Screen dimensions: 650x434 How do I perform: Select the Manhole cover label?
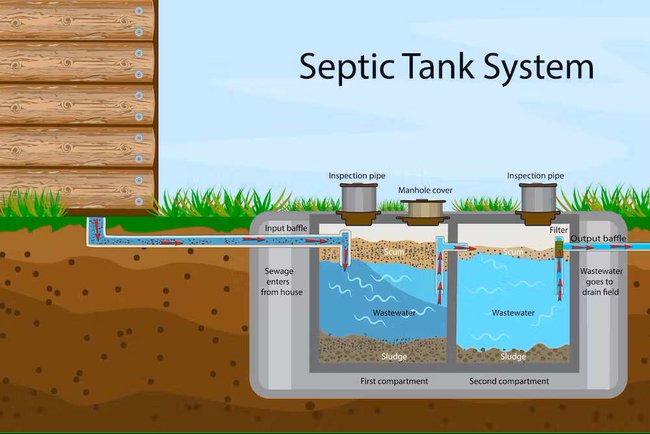(425, 191)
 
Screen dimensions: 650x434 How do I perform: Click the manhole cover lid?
(423, 209)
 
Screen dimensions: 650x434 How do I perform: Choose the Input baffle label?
(286, 228)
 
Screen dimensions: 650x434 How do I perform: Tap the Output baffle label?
(598, 239)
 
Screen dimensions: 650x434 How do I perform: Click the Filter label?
(559, 230)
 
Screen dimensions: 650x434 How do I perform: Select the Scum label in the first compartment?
(394, 252)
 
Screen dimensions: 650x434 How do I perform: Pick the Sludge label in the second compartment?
(513, 357)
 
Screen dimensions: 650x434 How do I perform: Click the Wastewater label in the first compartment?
(394, 313)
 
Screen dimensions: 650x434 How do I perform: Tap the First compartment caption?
(395, 381)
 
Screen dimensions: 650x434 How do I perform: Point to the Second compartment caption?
(509, 381)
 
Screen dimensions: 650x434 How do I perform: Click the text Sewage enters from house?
(281, 282)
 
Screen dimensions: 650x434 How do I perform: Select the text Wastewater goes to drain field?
(601, 282)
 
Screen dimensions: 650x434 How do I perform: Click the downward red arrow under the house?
(97, 230)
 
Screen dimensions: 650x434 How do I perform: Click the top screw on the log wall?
(139, 11)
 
